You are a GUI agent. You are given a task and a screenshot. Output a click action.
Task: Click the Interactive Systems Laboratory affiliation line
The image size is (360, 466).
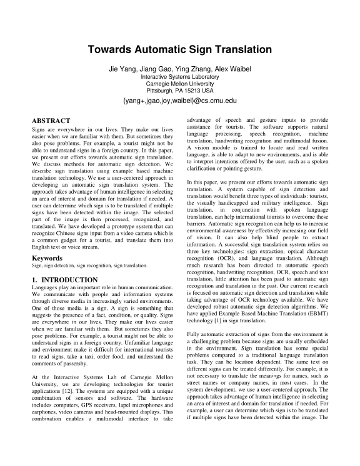pyautogui.click(x=179, y=76)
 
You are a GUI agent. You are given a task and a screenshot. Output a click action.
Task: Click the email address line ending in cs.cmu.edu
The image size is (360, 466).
pyautogui.click(x=179, y=100)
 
